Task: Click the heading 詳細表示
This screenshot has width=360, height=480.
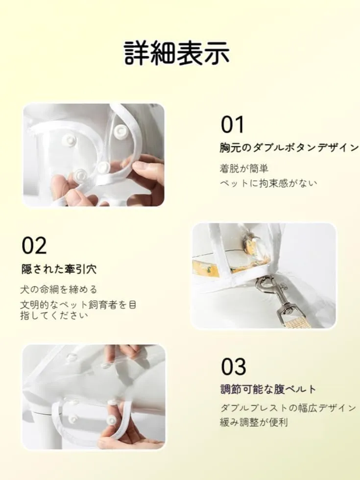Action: [177, 53]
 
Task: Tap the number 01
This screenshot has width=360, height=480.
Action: [233, 124]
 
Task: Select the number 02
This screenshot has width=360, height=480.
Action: [34, 245]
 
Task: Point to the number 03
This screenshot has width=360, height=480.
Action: [234, 366]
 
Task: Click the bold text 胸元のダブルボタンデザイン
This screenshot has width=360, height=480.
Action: [289, 148]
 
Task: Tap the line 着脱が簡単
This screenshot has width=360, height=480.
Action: [244, 168]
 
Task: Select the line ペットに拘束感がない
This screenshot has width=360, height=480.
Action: [268, 183]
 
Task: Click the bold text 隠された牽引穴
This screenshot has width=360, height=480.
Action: [59, 269]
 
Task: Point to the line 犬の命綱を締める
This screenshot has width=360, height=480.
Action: [59, 289]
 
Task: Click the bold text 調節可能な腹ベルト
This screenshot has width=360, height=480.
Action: [268, 389]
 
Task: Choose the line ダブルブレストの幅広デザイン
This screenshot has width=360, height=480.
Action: [288, 408]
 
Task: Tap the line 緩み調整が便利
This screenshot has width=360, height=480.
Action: [254, 422]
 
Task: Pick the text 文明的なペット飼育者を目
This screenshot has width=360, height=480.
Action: [78, 305]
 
